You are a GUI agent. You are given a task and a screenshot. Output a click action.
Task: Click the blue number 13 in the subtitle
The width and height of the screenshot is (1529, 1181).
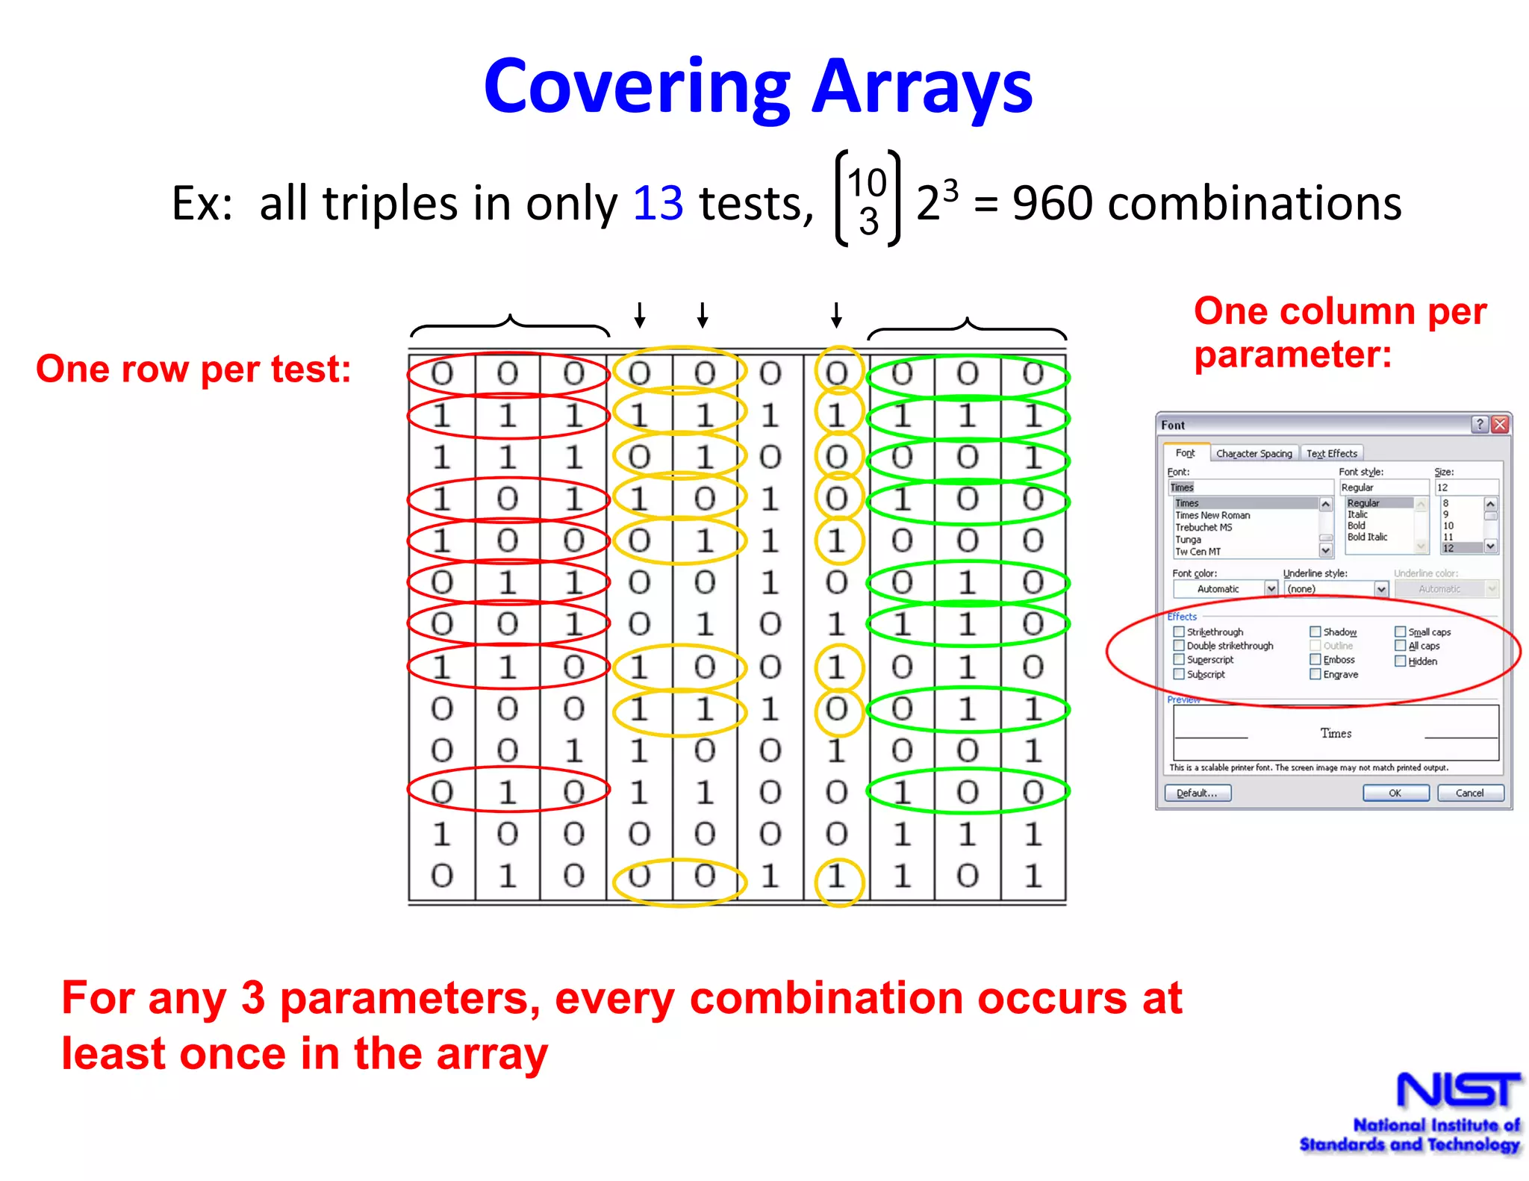coord(658,203)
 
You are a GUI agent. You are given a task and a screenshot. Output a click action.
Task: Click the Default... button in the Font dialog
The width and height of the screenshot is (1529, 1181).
coord(1197,793)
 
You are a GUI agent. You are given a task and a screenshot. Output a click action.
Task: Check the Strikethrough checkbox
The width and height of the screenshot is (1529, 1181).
coord(1179,632)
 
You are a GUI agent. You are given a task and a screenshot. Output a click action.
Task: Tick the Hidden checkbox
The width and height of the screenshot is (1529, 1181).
coord(1401,661)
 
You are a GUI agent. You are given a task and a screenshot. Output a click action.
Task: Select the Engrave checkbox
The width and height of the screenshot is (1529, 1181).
coord(1315,674)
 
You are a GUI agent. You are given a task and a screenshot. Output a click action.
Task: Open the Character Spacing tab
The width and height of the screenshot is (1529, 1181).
coord(1254,453)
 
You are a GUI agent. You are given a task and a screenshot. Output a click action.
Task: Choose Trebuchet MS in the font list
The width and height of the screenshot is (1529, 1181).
coord(1203,527)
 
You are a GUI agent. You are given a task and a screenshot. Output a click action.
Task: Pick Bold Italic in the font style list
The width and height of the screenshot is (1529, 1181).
coord(1367,537)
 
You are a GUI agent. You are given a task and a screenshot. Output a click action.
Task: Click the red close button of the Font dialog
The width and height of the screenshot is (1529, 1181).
coord(1500,425)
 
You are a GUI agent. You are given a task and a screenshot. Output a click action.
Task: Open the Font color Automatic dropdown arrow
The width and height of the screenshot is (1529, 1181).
coord(1271,589)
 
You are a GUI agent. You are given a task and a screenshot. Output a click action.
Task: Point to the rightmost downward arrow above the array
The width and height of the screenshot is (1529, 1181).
coord(836,315)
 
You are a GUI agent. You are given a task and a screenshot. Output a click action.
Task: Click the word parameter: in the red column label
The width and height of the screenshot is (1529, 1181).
coord(1292,354)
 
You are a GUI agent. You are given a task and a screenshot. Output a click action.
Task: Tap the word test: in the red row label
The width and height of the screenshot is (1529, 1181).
coord(311,369)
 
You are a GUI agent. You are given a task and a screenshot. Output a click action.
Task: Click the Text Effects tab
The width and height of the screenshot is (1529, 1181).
coord(1331,453)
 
